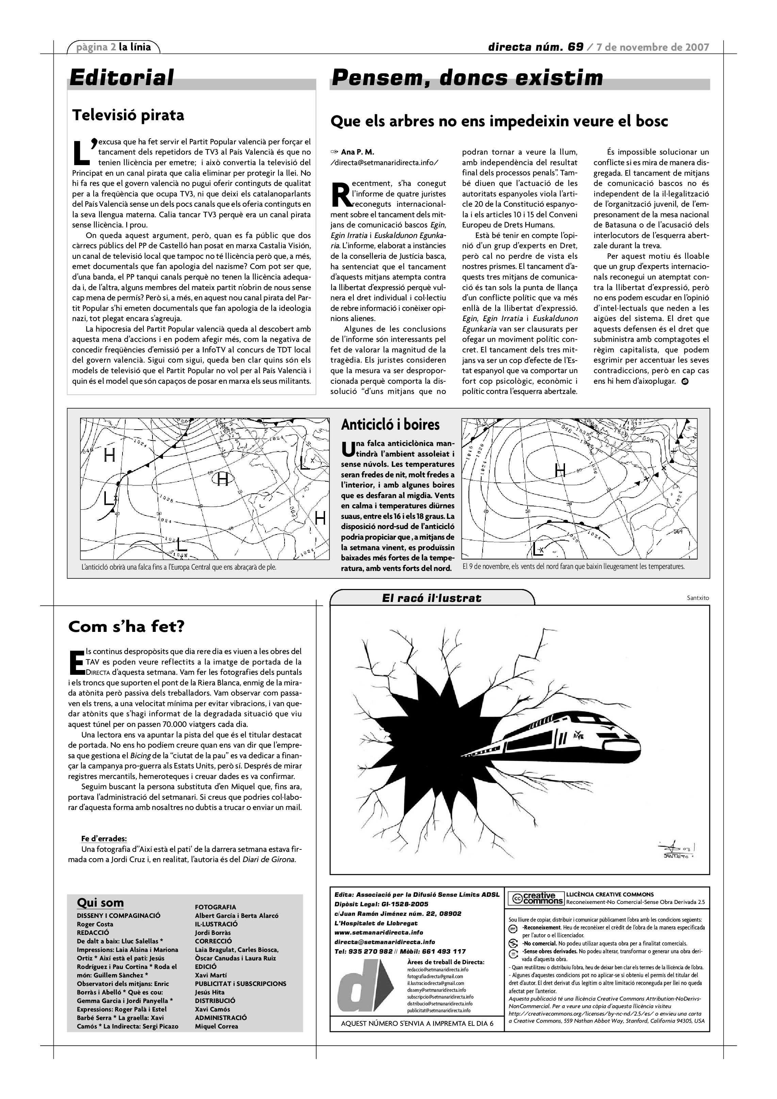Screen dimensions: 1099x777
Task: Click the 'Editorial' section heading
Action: [122, 78]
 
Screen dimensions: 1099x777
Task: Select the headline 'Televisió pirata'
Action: [128, 115]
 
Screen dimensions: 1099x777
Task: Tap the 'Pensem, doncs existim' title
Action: [467, 78]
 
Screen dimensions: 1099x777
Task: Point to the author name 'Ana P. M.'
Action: [358, 152]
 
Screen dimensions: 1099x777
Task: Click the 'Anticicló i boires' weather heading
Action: [390, 425]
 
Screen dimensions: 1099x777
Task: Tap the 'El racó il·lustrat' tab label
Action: [432, 598]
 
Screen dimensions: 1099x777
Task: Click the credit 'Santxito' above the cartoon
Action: [697, 598]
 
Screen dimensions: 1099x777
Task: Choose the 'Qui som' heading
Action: [100, 903]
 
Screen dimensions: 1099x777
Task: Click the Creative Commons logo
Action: [536, 898]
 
